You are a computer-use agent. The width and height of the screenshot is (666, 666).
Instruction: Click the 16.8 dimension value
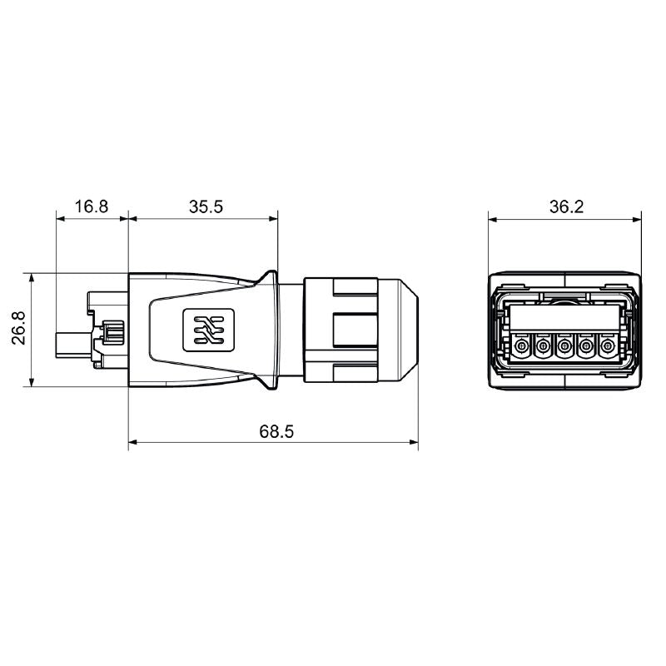coord(91,206)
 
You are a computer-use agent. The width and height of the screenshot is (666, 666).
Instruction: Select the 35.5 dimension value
coord(205,206)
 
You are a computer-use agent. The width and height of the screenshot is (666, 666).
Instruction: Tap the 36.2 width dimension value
coord(565,206)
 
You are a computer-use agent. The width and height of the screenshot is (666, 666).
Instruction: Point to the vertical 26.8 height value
coord(19,328)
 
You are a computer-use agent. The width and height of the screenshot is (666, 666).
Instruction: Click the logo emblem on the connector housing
coord(204,330)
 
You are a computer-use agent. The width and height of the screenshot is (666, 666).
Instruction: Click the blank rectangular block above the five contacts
coord(565,319)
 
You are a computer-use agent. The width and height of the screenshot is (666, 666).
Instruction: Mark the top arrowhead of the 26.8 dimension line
coord(31,277)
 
